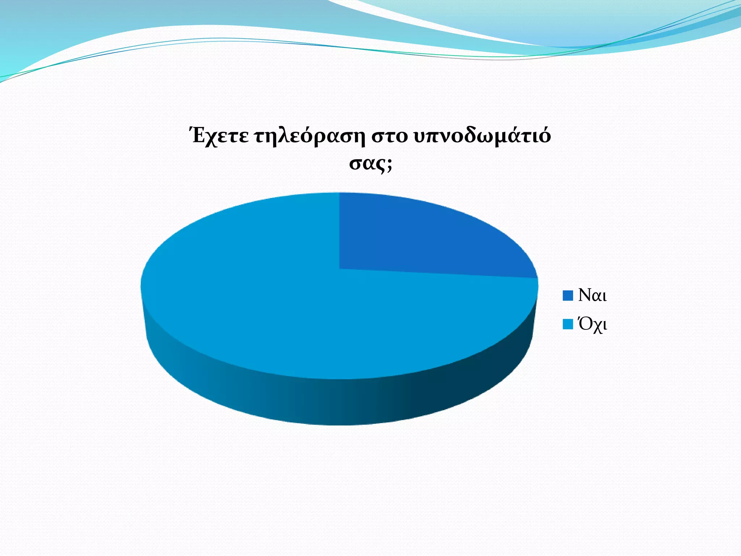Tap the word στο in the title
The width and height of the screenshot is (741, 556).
[389, 137]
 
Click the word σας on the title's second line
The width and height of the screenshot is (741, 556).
[367, 164]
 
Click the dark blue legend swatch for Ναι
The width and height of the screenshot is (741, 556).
[568, 295]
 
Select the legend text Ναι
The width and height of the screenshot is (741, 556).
[592, 295]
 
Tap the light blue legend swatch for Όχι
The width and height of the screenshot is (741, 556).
[568, 324]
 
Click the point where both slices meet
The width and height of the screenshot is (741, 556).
[339, 269]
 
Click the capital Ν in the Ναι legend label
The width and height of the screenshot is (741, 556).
[585, 295]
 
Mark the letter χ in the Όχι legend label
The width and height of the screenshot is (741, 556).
[597, 326]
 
